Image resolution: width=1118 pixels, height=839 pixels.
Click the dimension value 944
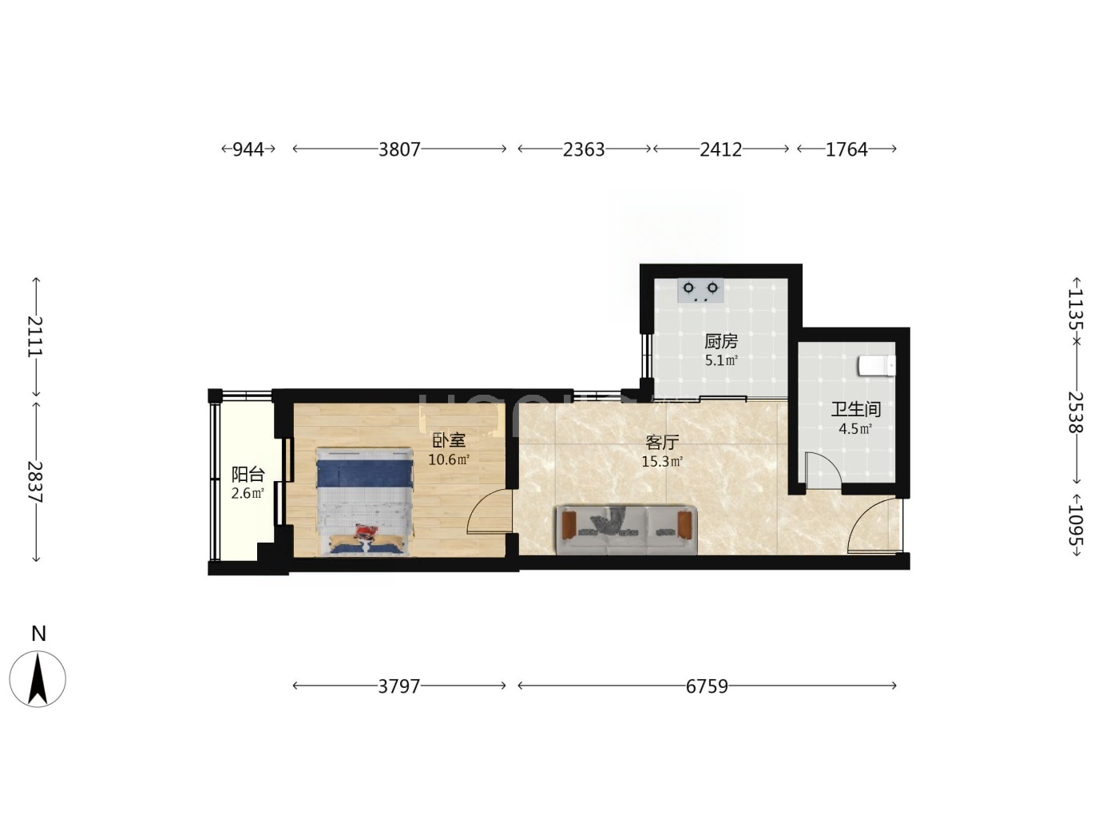(248, 149)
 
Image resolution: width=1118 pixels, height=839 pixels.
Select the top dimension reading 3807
(399, 149)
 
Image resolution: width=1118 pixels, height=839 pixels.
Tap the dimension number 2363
(584, 149)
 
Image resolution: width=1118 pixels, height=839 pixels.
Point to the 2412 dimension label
(721, 149)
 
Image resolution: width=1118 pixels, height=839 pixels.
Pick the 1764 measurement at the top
(846, 149)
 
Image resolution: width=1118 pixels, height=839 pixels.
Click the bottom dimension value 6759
(707, 686)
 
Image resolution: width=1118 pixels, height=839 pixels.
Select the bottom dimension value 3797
(399, 686)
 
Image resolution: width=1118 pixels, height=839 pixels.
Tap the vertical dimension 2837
(36, 482)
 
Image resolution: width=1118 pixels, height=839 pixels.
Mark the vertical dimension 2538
(1076, 412)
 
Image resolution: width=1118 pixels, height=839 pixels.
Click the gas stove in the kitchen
(701, 291)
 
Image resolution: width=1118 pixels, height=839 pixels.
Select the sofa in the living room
(627, 530)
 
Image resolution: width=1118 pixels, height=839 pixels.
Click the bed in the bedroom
(365, 501)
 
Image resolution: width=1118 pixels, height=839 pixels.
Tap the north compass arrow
(38, 679)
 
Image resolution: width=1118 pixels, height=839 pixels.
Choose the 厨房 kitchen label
(721, 341)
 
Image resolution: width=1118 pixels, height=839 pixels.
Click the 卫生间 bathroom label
(856, 409)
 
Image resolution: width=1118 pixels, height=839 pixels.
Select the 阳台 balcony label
(248, 475)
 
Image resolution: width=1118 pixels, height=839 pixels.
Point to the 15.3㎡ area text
(662, 462)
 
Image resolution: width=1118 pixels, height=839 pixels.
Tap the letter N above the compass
(38, 634)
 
